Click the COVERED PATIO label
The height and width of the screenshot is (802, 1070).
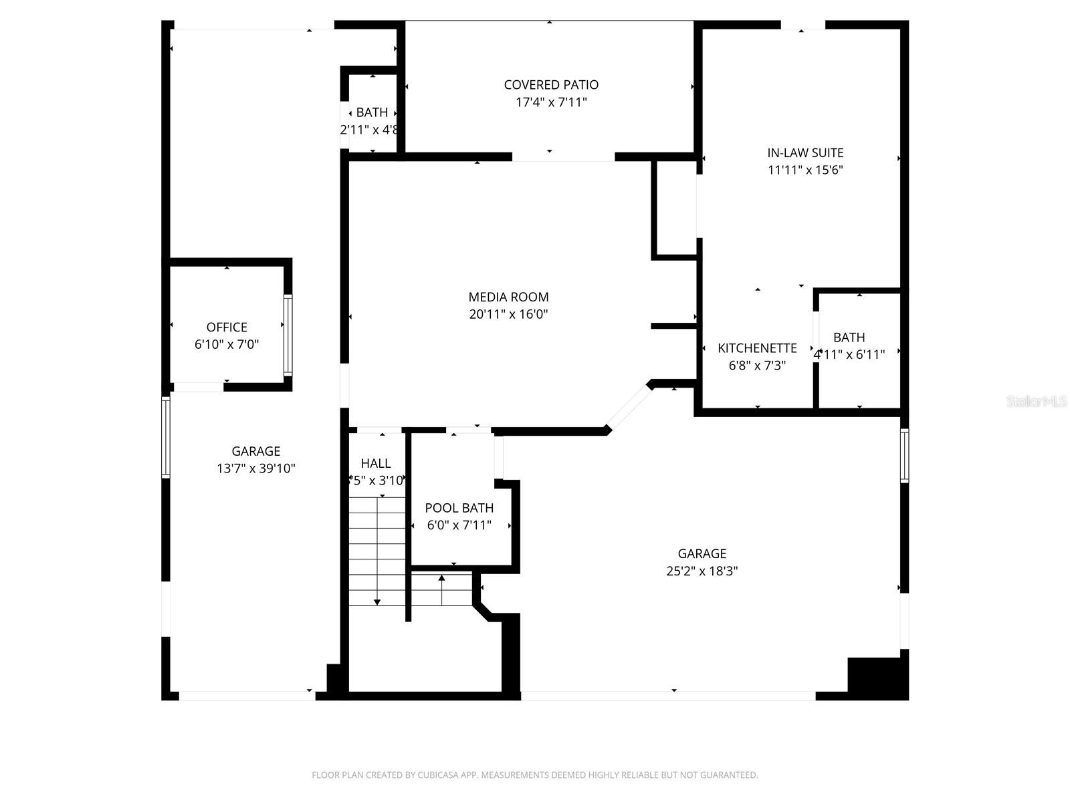pyautogui.click(x=551, y=85)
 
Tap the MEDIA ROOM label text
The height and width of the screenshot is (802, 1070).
pyautogui.click(x=508, y=297)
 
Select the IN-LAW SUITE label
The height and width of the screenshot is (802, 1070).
pyautogui.click(x=805, y=152)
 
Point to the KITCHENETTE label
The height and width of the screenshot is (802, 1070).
pyautogui.click(x=757, y=348)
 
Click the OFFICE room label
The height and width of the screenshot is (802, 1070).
pyautogui.click(x=227, y=327)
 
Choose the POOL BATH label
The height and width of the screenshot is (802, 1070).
pyautogui.click(x=459, y=508)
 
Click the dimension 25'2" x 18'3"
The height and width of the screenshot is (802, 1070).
pyautogui.click(x=702, y=571)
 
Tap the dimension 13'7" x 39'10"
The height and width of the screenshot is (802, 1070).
pyautogui.click(x=255, y=469)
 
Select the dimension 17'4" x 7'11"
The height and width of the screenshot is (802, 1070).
pyautogui.click(x=551, y=102)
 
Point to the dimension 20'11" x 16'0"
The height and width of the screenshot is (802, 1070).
pyautogui.click(x=508, y=314)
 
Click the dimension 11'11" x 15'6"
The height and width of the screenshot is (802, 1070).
pyautogui.click(x=805, y=170)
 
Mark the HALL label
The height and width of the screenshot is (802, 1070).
pyautogui.click(x=376, y=463)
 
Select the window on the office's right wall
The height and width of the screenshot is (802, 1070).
pyautogui.click(x=288, y=334)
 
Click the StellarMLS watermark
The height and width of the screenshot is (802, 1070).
pyautogui.click(x=1037, y=402)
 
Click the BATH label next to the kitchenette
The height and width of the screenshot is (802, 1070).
pyautogui.click(x=849, y=338)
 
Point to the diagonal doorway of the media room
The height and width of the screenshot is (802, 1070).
pyautogui.click(x=629, y=406)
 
